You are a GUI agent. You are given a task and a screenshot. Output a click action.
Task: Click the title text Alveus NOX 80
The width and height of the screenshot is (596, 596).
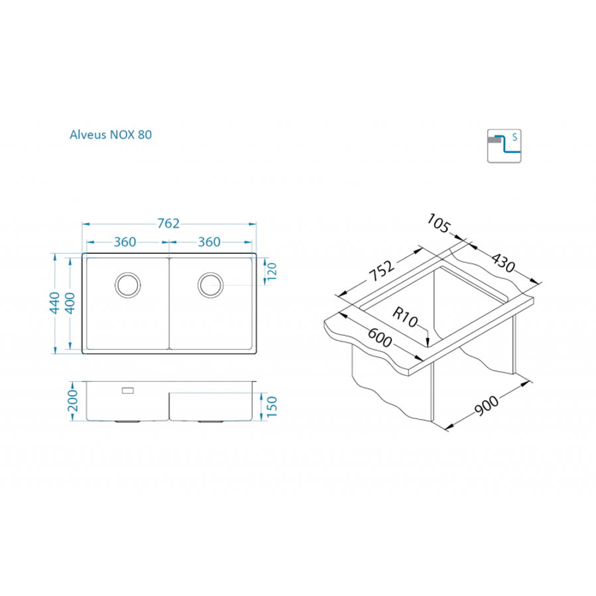111,135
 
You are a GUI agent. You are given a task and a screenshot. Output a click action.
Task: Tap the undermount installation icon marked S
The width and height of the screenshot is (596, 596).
505,145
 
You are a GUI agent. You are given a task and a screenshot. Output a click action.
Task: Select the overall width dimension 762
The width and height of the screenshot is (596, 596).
168,224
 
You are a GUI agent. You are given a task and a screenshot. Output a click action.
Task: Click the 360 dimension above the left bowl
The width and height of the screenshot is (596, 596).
125,242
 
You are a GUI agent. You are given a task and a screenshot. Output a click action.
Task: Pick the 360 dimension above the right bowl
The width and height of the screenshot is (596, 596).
209,242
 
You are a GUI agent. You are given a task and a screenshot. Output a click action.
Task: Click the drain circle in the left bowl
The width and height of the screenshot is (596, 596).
127,284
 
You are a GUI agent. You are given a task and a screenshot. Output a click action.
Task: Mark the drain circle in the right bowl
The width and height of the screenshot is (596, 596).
210,284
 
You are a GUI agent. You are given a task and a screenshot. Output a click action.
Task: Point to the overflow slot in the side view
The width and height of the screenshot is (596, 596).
127,390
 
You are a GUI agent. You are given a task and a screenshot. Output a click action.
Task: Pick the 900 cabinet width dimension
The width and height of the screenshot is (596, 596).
488,405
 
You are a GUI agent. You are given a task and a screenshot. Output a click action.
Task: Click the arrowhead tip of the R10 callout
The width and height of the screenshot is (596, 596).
430,344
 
